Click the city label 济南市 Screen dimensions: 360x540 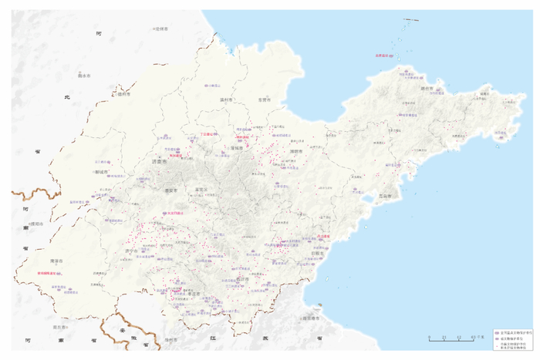[x=160, y=162]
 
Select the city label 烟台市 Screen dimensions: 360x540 [x=427, y=89]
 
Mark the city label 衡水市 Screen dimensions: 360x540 [x=83, y=76]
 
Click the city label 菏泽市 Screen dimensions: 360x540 [x=56, y=262]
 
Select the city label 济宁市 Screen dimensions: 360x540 [x=129, y=251]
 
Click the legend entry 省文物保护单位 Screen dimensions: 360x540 [x=512, y=337]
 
